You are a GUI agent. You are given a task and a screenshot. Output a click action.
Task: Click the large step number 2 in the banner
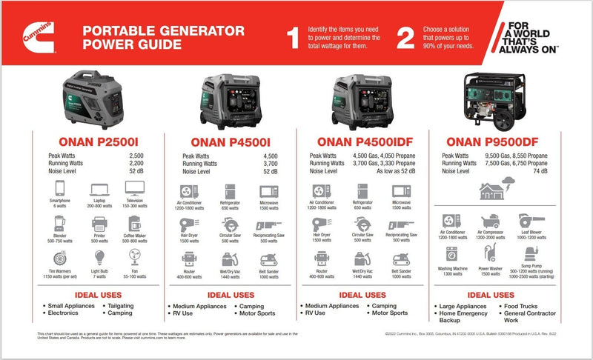(x=405, y=39)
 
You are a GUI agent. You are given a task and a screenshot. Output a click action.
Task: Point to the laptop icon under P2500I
(x=97, y=192)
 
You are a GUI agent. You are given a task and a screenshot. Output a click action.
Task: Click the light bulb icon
(x=97, y=258)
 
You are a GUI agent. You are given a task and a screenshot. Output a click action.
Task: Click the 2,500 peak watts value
(x=136, y=156)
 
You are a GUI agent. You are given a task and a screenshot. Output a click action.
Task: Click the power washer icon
(x=490, y=255)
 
